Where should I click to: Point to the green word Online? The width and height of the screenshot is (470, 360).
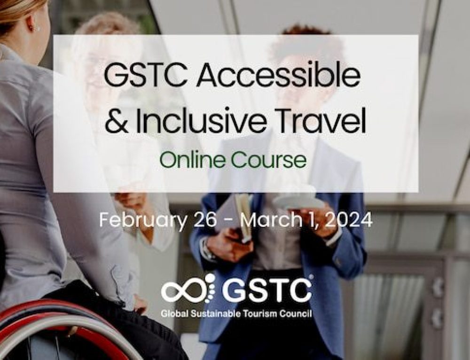click(192, 160)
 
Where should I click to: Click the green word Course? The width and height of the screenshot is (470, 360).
click(268, 160)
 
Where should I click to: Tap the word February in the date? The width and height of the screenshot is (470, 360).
click(143, 220)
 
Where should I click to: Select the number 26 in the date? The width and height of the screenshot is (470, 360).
click(205, 220)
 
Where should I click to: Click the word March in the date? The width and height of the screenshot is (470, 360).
click(271, 220)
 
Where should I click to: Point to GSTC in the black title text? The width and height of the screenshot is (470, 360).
click(146, 76)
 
